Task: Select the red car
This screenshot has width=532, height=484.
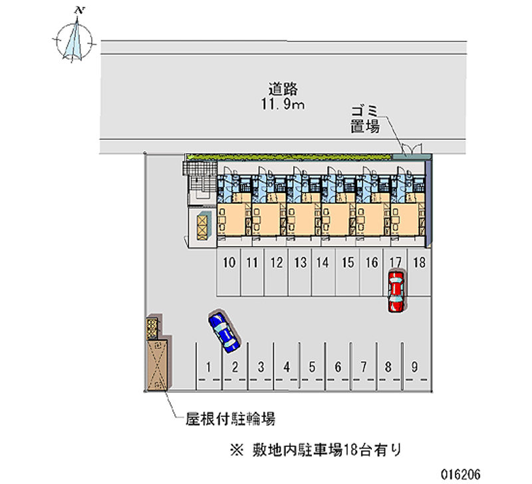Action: [396, 290]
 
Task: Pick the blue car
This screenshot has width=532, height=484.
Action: [224, 330]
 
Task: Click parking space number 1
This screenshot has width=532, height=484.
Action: [209, 366]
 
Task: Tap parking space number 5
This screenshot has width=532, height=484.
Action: [311, 366]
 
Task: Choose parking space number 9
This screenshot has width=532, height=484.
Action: [414, 366]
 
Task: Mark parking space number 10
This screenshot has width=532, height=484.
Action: [229, 263]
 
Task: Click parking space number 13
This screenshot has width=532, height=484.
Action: [300, 263]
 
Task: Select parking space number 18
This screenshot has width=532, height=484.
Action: [419, 263]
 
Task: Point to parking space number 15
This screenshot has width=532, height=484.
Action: [347, 263]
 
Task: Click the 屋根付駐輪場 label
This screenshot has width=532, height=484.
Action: [231, 419]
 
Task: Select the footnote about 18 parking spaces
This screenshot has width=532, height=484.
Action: [316, 451]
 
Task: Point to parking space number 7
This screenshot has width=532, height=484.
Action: [363, 366]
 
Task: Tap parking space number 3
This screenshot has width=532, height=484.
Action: [261, 366]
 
